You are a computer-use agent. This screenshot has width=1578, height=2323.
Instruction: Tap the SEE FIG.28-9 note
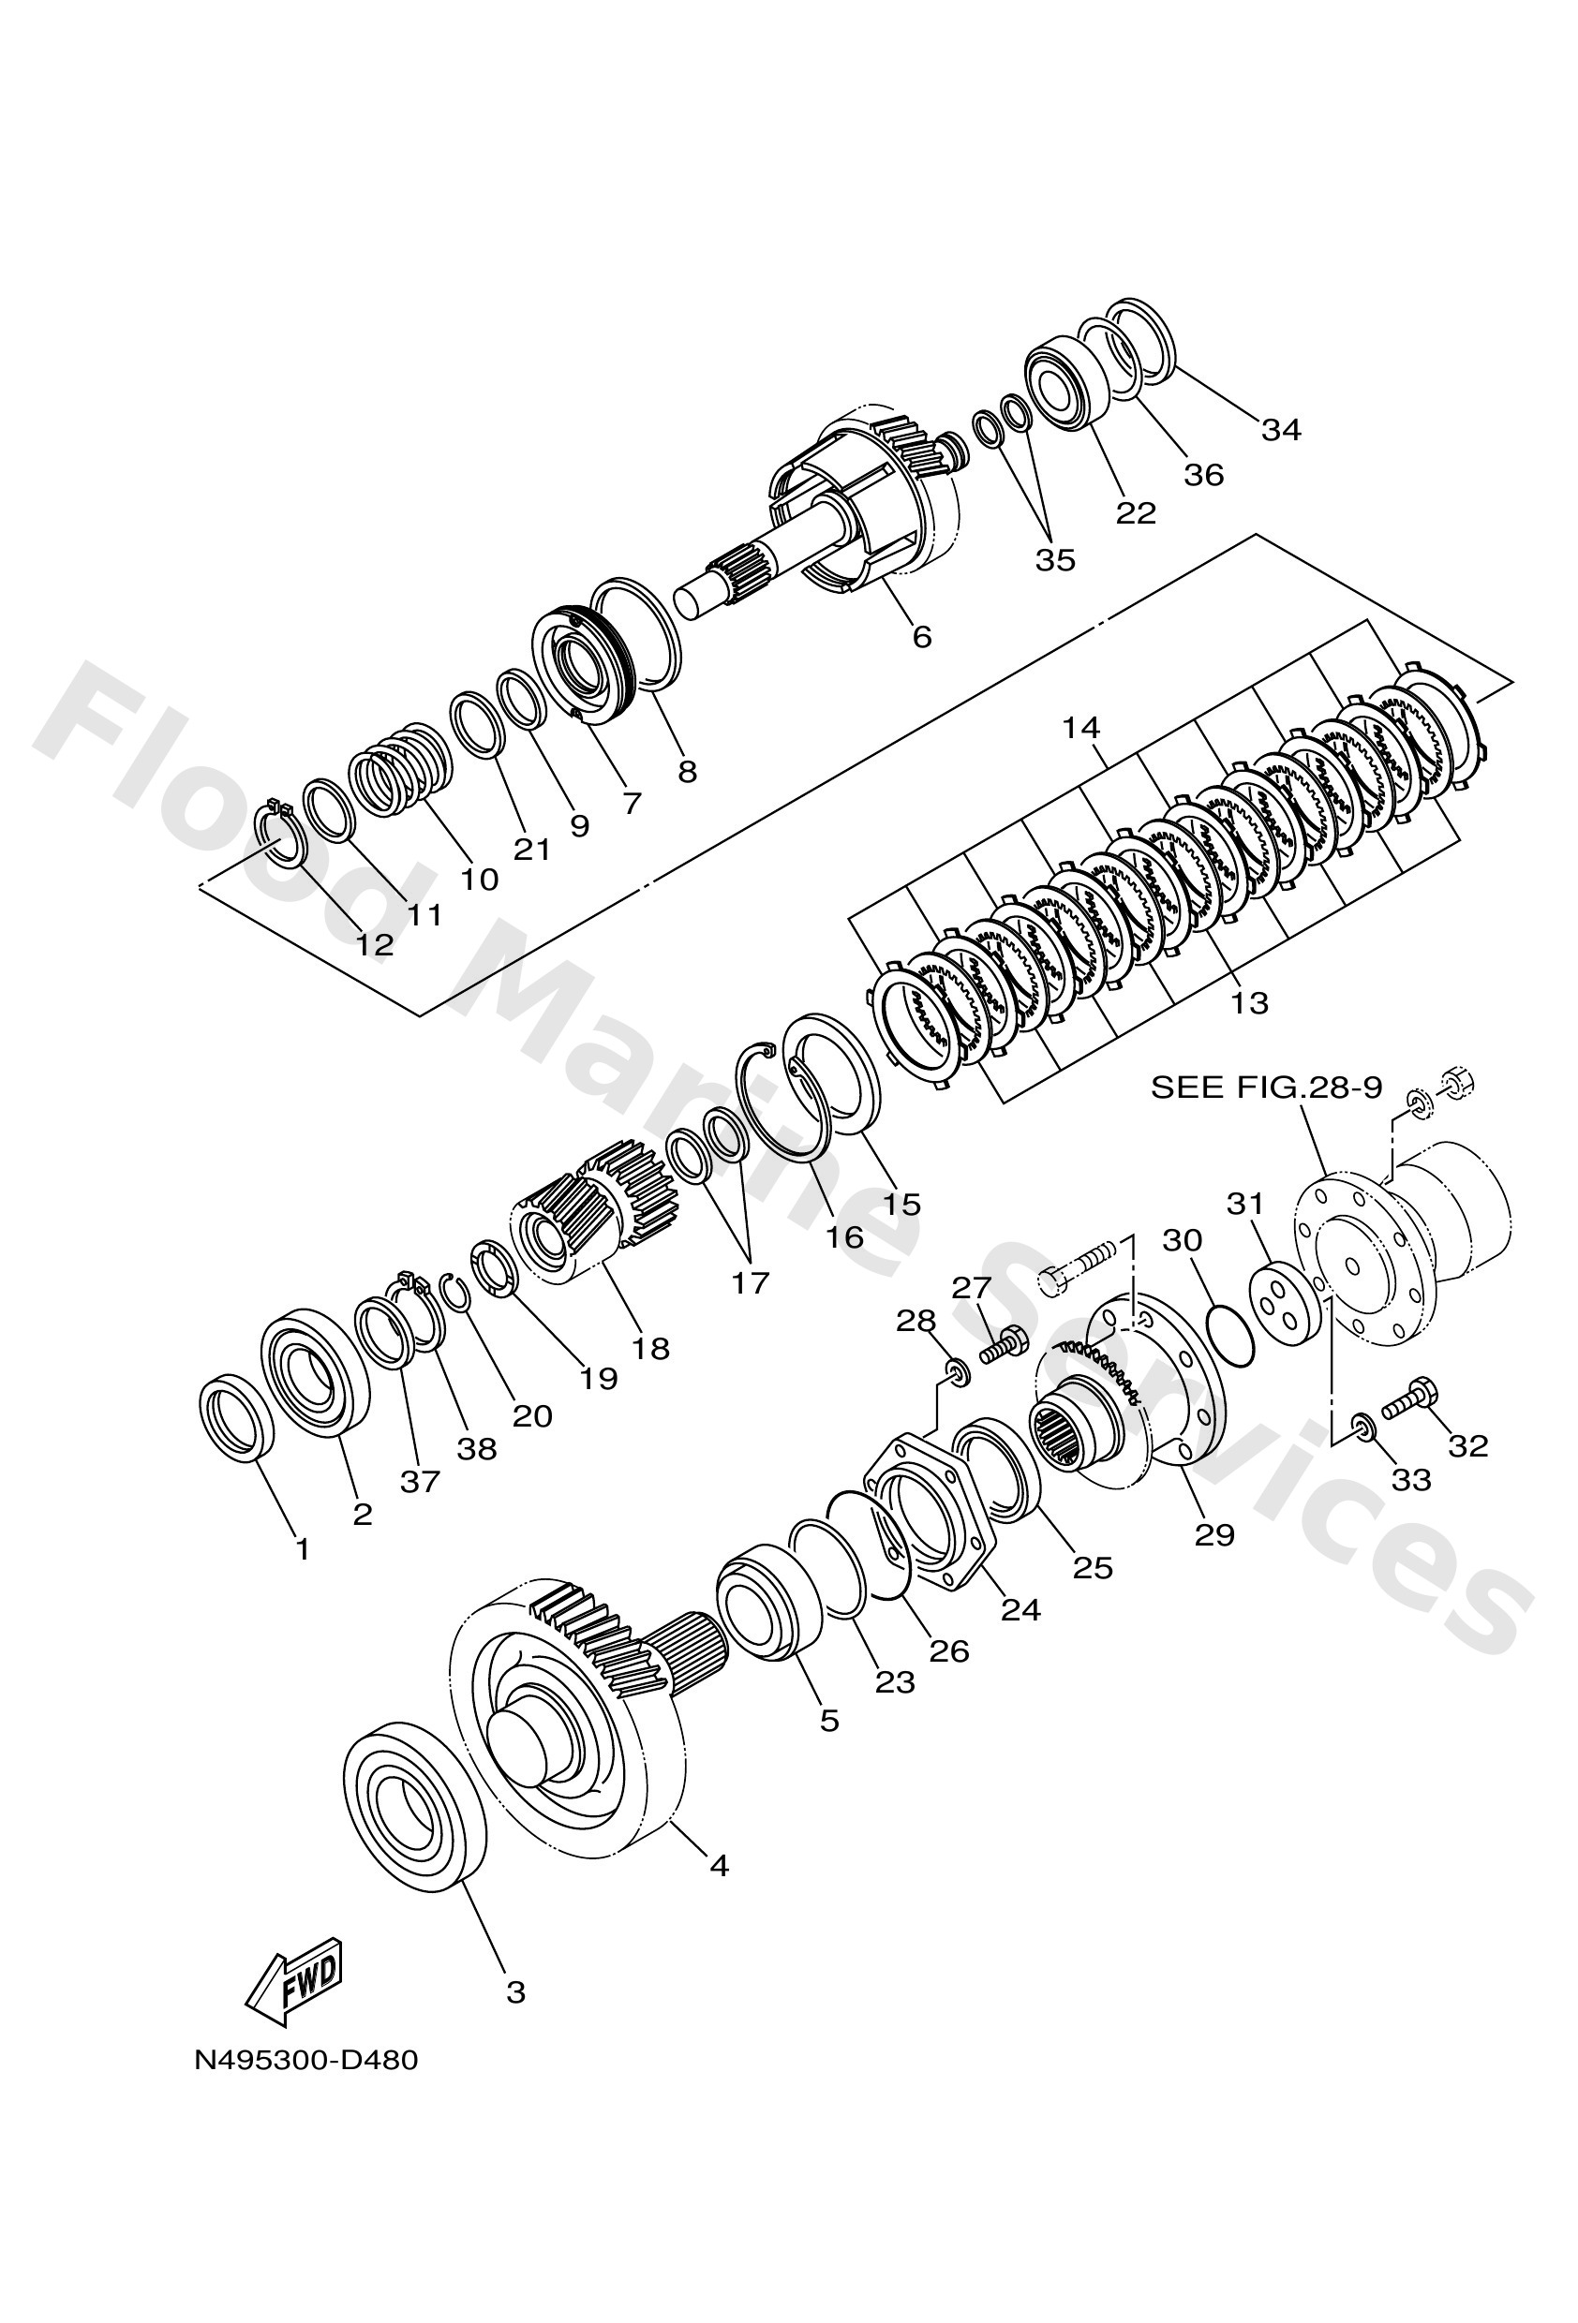click(1266, 1088)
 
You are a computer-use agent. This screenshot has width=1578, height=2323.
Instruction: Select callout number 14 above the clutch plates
click(1081, 728)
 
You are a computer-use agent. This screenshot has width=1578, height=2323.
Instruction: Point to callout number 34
click(1280, 430)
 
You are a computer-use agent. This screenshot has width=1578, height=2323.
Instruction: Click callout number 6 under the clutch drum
click(922, 637)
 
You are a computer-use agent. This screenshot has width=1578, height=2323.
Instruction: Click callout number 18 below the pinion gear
click(650, 1349)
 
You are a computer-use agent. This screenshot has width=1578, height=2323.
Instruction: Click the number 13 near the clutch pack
click(1249, 1001)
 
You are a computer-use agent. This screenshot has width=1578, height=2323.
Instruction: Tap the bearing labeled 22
click(1067, 384)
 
